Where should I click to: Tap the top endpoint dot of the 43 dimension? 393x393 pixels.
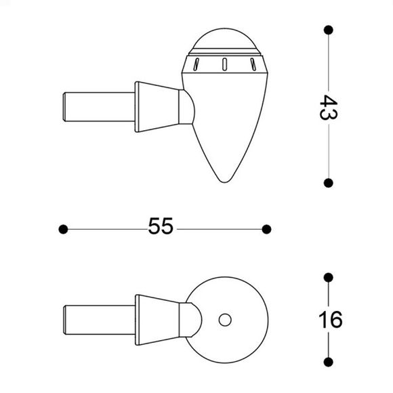coord(329,30)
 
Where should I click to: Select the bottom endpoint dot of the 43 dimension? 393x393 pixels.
coord(329,183)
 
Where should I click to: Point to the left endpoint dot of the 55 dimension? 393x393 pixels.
coord(63,229)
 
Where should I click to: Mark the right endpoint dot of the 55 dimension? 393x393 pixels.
coord(266,229)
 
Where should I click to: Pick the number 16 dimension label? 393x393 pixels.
coord(329,319)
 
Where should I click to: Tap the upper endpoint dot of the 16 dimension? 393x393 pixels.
coord(329,277)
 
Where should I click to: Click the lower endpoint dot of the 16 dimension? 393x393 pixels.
coord(329,360)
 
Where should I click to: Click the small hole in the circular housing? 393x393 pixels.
coord(225,318)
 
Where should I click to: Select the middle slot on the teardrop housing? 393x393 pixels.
coord(223,65)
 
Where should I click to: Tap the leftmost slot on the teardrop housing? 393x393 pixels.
coord(195,64)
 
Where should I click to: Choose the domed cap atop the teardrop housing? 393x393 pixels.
coord(224,39)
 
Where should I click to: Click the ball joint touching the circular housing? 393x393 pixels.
coord(188,318)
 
